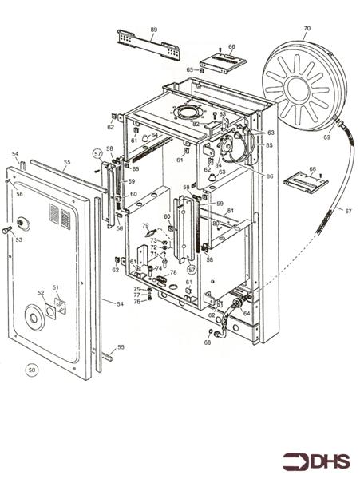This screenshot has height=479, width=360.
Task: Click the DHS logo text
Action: coord(326,461)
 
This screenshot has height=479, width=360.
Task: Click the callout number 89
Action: coord(153,30)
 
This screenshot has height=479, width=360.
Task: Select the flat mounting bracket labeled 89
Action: coord(147,43)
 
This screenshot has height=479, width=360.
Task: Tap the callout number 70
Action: coord(307,29)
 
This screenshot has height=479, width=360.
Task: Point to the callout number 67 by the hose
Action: coord(348,211)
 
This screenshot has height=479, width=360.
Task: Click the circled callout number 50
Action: coord(32,370)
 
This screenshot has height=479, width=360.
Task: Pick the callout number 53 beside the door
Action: coord(18,239)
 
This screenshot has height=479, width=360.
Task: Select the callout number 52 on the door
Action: coord(40,293)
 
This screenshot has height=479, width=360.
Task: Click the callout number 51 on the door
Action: coord(56,287)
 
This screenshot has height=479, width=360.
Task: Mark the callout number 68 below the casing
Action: coord(207,342)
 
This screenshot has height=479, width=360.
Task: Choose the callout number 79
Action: coord(145,226)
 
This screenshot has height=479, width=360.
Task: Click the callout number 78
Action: coord(173,273)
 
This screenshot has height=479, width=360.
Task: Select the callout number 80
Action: coord(216,224)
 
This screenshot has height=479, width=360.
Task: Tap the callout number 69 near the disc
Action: coord(303,138)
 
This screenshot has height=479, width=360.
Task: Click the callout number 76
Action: coord(136,301)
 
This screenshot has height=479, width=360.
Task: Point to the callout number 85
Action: coord(269,145)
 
